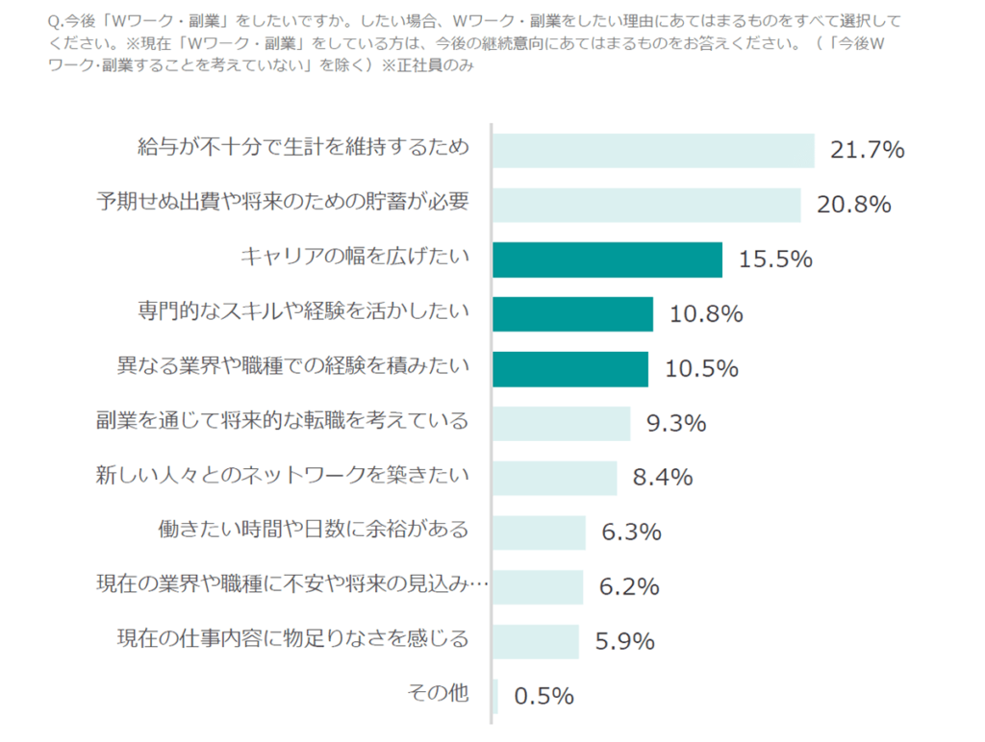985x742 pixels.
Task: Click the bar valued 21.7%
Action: pos(653,150)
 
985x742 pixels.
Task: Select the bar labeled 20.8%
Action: pos(646,205)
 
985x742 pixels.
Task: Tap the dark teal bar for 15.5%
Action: pos(607,260)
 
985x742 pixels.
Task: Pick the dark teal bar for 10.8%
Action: pos(572,313)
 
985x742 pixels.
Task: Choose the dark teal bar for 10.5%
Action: pos(570,368)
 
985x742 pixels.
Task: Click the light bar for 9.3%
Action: pos(562,423)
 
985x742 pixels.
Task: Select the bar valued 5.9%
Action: pos(536,641)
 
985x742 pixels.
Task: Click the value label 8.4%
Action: pos(663,478)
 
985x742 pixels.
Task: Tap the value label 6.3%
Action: pos(631,532)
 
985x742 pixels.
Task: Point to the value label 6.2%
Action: pos(629,586)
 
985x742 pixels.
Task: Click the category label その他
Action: pos(439,692)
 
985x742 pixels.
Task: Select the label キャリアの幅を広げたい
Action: pos(354,257)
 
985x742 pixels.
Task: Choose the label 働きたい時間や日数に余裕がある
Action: pos(313,529)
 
